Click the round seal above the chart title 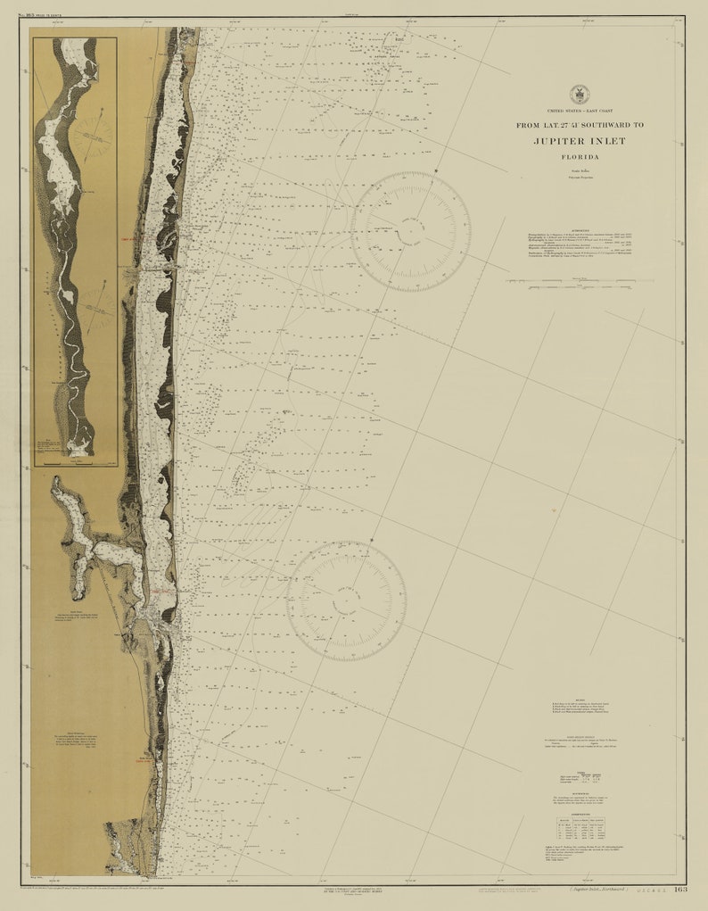point(580,94)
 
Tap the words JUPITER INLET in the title point(580,141)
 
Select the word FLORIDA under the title point(580,157)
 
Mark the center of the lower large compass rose point(346,600)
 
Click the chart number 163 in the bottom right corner point(679,889)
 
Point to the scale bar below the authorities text point(580,281)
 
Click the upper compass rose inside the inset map point(92,136)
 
